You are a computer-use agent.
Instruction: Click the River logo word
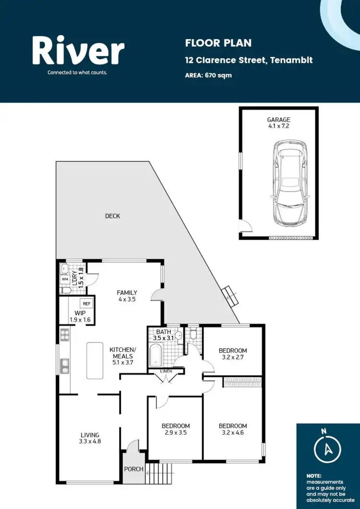(x=78, y=51)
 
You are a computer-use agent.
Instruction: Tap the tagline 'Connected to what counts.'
(x=77, y=73)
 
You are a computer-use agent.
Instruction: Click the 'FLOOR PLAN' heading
(x=218, y=43)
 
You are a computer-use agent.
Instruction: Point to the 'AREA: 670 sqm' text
(x=208, y=75)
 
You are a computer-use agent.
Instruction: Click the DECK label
(x=112, y=216)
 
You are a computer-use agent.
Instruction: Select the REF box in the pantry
(x=86, y=303)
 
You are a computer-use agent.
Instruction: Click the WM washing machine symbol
(x=65, y=279)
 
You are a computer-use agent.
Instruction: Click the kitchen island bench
(x=96, y=360)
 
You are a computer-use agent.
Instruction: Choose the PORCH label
(x=134, y=469)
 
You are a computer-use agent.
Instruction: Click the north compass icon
(x=328, y=448)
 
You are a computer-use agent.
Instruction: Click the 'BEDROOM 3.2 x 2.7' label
(x=233, y=353)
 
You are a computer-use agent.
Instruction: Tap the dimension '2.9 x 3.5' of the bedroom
(x=175, y=433)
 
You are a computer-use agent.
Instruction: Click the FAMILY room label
(x=127, y=296)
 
